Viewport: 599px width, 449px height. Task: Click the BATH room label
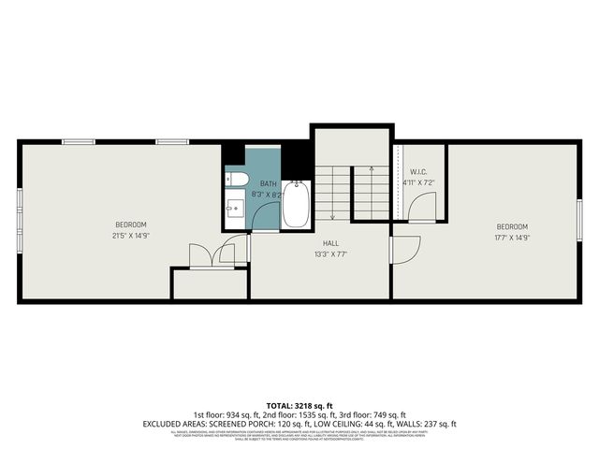268,183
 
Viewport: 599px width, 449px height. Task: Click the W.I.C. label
418,171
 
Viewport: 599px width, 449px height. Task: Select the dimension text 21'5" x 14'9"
130,236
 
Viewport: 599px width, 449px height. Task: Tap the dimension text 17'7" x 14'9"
512,238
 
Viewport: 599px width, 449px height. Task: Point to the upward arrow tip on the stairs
372,168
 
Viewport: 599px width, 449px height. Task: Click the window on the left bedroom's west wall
20,219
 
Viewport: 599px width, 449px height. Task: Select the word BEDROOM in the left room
130,224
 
